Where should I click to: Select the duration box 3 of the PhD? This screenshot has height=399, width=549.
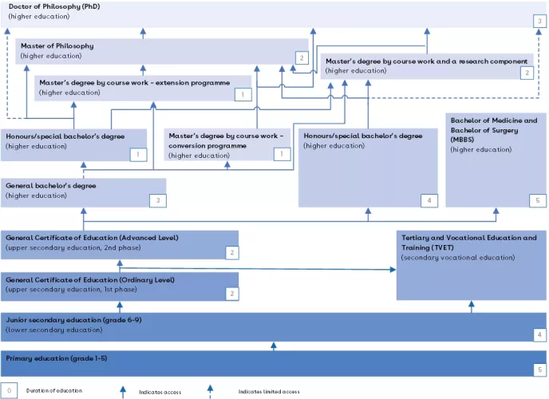540,21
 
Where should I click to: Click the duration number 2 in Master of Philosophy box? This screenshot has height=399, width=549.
301,57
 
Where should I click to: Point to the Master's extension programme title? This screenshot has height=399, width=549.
135,82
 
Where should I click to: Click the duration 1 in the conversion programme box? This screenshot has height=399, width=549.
282,153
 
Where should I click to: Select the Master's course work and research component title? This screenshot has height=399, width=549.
426,61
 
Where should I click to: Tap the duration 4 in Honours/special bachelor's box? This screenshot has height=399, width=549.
430,200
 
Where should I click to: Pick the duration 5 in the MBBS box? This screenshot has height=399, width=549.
538,200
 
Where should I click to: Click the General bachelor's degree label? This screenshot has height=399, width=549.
51,185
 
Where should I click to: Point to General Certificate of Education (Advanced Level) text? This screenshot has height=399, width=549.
92,238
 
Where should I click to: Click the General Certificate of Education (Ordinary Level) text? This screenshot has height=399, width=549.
90,280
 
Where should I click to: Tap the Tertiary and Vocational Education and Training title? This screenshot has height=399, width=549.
469,242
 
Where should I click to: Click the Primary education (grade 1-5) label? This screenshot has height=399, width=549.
57,358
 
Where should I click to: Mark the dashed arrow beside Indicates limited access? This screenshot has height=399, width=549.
211,391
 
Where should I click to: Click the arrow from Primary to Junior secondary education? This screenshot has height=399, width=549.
274,346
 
